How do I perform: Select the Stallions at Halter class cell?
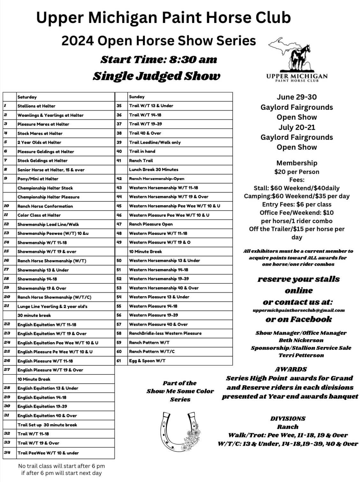[x=36, y=106]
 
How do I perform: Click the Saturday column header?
[x=27, y=97]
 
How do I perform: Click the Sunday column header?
[x=137, y=97]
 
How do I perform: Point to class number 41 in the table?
[x=119, y=161]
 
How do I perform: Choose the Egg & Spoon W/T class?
[x=147, y=361]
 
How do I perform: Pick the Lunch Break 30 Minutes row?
[x=154, y=169]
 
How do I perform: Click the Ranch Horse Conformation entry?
[x=45, y=206]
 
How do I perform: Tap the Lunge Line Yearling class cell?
[x=52, y=306]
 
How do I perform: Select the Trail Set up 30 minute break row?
[x=47, y=425]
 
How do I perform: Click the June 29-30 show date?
[x=296, y=97]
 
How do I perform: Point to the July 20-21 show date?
[x=296, y=127]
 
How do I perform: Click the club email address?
[x=298, y=310]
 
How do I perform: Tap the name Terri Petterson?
[x=301, y=355]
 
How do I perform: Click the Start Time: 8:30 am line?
[x=159, y=60]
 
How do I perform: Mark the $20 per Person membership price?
[x=296, y=172]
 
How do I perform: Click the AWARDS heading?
[x=291, y=369]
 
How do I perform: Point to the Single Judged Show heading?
[x=156, y=76]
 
